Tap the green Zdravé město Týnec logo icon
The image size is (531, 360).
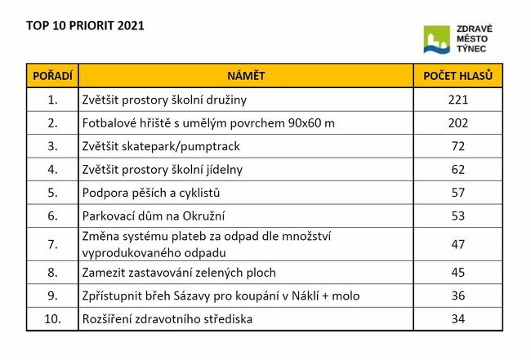tap(437, 39)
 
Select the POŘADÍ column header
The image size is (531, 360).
tap(52, 76)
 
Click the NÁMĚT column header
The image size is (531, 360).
tap(246, 76)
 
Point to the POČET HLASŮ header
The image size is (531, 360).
tap(457, 76)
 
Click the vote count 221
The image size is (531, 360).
tap(457, 100)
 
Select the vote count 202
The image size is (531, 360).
tap(457, 123)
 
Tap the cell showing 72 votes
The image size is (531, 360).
tap(457, 146)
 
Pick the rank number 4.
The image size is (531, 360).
tap(53, 170)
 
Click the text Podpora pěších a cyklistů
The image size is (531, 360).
tap(151, 193)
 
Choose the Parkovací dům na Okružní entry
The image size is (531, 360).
tap(154, 216)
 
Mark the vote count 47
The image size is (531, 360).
tap(457, 244)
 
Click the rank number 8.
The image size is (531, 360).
tap(53, 272)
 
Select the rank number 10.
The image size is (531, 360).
tap(53, 318)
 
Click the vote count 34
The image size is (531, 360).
tap(457, 318)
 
